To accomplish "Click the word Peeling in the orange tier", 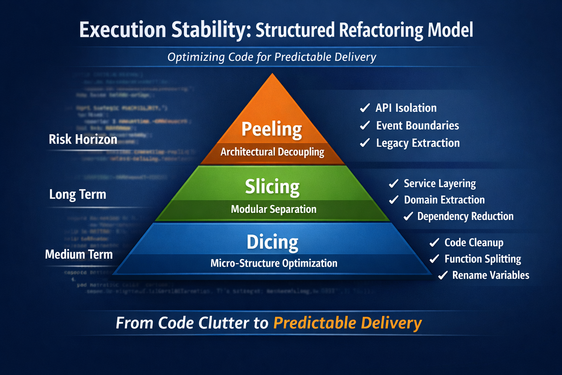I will [x=271, y=130].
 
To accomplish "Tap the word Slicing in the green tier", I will [x=272, y=187].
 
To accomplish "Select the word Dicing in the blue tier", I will [x=273, y=242].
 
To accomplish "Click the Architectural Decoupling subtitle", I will [x=272, y=152].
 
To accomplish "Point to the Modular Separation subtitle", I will [x=274, y=209].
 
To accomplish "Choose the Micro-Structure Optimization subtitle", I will [x=274, y=263].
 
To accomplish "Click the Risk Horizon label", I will [x=83, y=140].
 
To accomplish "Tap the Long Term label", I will [x=78, y=194].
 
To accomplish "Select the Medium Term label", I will [x=79, y=255].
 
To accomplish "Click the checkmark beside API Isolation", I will [x=365, y=108].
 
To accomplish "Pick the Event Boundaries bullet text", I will [x=417, y=126].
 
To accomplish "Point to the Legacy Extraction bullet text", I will [x=418, y=143].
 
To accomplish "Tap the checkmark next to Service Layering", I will [x=394, y=183].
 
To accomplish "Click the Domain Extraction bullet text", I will [x=444, y=200].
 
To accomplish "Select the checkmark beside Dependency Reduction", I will [x=408, y=216].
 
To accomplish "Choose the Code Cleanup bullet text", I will [x=474, y=243].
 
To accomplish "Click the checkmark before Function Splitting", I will [x=434, y=259].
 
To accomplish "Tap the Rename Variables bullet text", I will [x=491, y=275].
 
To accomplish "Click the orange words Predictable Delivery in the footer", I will [x=348, y=323].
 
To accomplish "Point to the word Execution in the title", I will [x=123, y=30].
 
